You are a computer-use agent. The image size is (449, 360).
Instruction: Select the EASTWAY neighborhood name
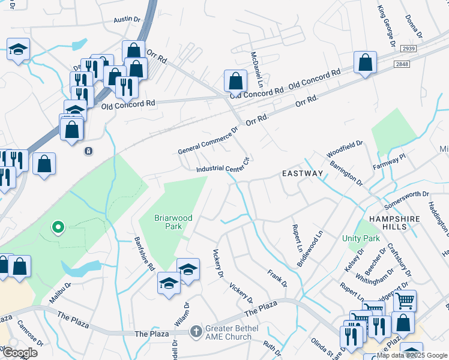click(x=303, y=173)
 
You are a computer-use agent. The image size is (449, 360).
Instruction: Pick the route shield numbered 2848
click(x=402, y=64)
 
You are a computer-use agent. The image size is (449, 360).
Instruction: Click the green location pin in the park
click(x=58, y=227)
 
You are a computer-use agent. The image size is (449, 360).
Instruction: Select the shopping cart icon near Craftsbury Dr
click(x=405, y=300)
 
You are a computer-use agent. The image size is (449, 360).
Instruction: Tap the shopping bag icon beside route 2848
click(x=365, y=62)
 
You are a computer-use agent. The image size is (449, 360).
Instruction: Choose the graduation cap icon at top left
click(x=19, y=49)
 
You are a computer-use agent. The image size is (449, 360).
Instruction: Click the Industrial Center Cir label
click(x=223, y=167)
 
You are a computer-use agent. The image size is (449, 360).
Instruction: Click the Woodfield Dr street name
click(x=345, y=149)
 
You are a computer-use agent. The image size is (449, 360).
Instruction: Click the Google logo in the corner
click(x=19, y=353)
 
